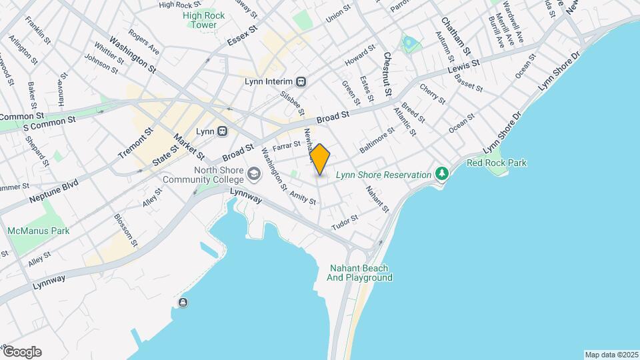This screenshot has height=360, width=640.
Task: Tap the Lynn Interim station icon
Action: (x=301, y=81)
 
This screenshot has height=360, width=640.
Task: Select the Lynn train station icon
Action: (x=222, y=131)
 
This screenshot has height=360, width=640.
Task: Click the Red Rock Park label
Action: (x=496, y=163)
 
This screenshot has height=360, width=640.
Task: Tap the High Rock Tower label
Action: (x=200, y=20)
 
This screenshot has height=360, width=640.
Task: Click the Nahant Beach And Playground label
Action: (x=360, y=273)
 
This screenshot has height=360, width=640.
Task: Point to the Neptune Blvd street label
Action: (x=54, y=191)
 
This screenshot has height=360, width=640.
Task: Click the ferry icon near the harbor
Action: (x=183, y=303)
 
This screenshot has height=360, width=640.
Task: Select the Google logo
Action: (x=21, y=352)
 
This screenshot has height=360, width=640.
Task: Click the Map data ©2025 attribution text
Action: (x=611, y=355)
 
